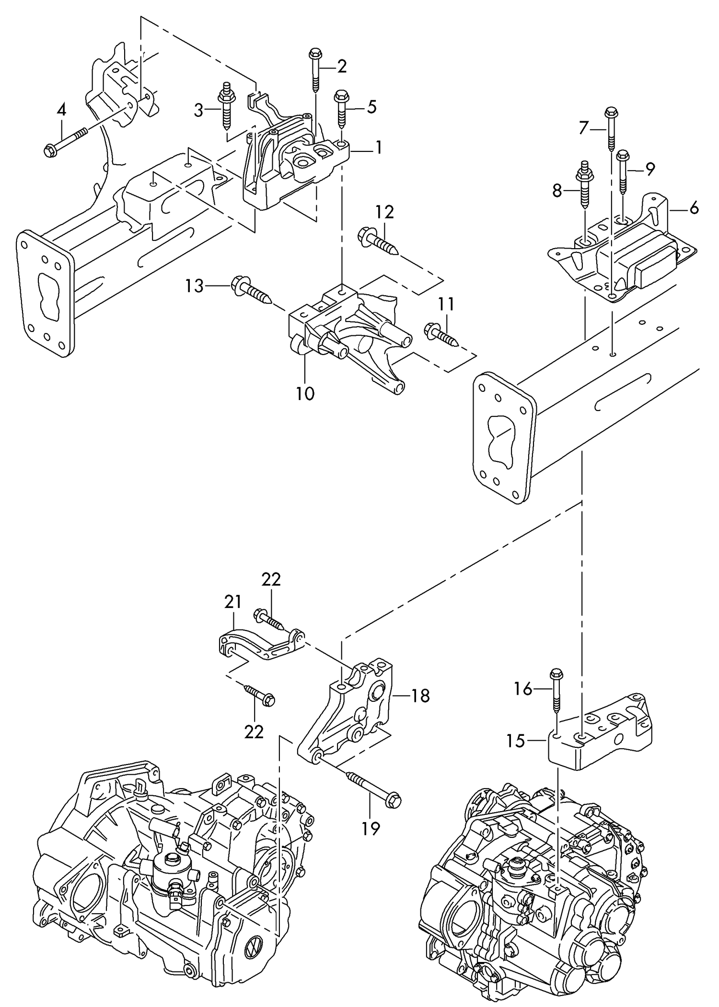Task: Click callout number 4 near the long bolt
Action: coord(61,111)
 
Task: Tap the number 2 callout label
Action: coord(342,66)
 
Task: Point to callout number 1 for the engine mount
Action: coord(379,148)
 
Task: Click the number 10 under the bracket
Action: coord(305,393)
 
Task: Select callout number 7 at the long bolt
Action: coord(583,128)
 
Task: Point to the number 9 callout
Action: coord(649,169)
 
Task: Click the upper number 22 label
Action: coord(271,580)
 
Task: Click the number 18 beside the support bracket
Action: coord(420,696)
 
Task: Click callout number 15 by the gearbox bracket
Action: coord(516,741)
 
